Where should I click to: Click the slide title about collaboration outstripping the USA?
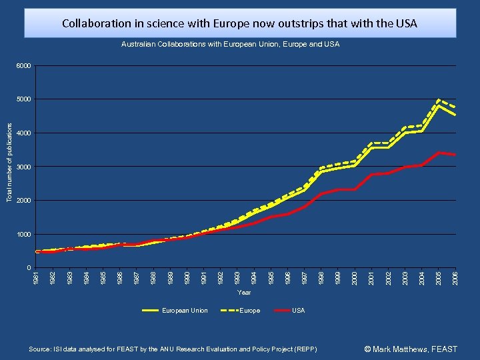[x=239, y=23]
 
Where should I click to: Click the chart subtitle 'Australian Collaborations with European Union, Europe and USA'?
[x=230, y=44]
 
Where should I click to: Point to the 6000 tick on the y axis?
[x=24, y=66]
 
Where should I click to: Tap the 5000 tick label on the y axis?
[x=24, y=100]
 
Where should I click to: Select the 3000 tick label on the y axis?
[x=24, y=167]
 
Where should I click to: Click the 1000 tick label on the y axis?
[x=24, y=235]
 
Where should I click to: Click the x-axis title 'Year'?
[x=244, y=292]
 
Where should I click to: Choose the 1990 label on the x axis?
[x=187, y=276]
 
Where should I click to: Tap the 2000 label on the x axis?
[x=354, y=276]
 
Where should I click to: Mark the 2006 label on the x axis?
[x=455, y=276]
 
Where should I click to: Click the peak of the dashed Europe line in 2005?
[x=438, y=100]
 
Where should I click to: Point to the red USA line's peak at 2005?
[x=438, y=153]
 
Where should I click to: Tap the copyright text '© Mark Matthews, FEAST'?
[x=411, y=349]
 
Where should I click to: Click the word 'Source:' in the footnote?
[x=39, y=349]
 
